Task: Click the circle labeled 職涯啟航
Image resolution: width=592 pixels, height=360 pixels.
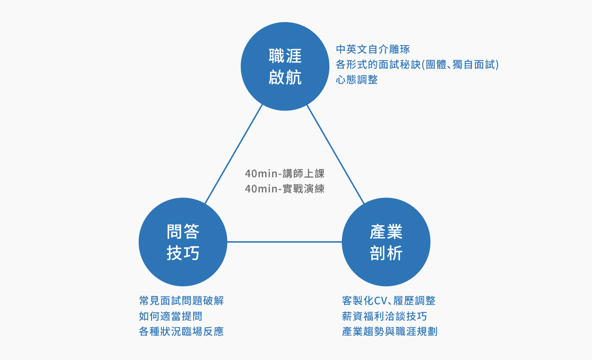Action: [x=285, y=66]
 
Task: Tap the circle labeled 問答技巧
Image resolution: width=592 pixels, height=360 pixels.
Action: [x=183, y=242]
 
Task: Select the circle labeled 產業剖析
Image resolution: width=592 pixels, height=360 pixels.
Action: [x=386, y=242]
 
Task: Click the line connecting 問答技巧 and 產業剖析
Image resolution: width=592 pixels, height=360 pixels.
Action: [x=285, y=242]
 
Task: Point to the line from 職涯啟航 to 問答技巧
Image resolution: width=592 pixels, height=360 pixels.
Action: [x=234, y=154]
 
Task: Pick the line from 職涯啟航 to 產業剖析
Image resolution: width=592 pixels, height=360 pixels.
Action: [x=335, y=154]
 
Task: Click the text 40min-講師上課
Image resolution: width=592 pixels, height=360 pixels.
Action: [x=285, y=174]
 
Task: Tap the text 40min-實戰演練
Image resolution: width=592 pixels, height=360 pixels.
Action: [x=285, y=189]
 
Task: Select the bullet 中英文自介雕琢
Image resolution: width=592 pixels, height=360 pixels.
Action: [x=373, y=49]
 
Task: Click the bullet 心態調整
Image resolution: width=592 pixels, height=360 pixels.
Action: [x=357, y=80]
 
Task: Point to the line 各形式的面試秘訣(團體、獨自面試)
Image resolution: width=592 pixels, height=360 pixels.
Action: [x=417, y=64]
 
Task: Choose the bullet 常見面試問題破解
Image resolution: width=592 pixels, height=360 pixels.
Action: [x=182, y=301]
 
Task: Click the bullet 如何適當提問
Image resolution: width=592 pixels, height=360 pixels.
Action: [x=171, y=316]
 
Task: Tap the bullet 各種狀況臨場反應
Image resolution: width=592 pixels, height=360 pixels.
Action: [x=182, y=331]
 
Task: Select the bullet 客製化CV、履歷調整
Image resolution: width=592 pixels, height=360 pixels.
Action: [x=389, y=301]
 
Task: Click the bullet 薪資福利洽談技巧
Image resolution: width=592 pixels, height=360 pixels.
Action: [x=385, y=316]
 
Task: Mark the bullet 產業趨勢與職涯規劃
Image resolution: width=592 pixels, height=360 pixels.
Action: [x=390, y=331]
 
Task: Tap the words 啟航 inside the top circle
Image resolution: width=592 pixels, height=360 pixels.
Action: [x=285, y=77]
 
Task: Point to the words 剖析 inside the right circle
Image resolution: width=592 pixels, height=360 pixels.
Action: [x=386, y=253]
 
